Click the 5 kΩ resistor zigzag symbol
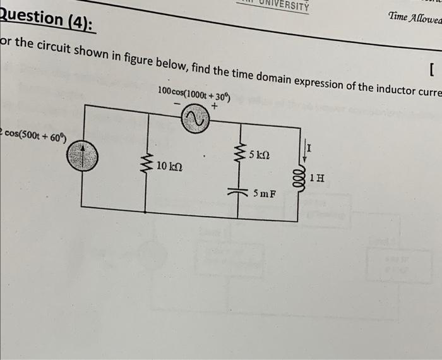pyautogui.click(x=239, y=152)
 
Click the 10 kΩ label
pyautogui.click(x=169, y=166)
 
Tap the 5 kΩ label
pyautogui.click(x=260, y=154)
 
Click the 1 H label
pyautogui.click(x=318, y=177)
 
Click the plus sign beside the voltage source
pyautogui.click(x=214, y=107)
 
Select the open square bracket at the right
pyautogui.click(x=430, y=68)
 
